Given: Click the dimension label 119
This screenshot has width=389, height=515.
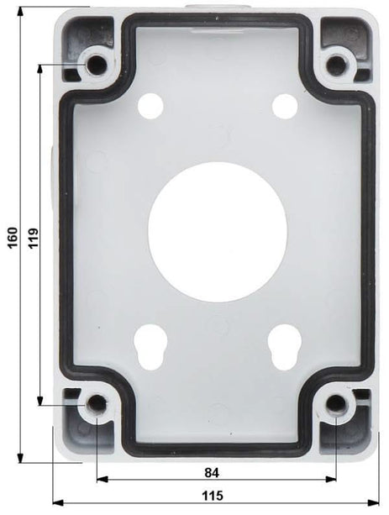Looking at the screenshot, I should pyautogui.click(x=33, y=238).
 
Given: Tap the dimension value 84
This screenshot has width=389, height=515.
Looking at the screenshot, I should pyautogui.click(x=216, y=471).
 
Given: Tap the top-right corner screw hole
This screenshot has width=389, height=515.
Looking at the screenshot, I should pyautogui.click(x=338, y=65).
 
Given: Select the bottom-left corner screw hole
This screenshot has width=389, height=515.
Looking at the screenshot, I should pyautogui.click(x=97, y=405).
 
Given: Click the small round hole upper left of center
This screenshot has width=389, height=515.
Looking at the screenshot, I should pyautogui.click(x=151, y=105).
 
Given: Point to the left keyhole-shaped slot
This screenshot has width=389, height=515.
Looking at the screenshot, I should pyautogui.click(x=151, y=344).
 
